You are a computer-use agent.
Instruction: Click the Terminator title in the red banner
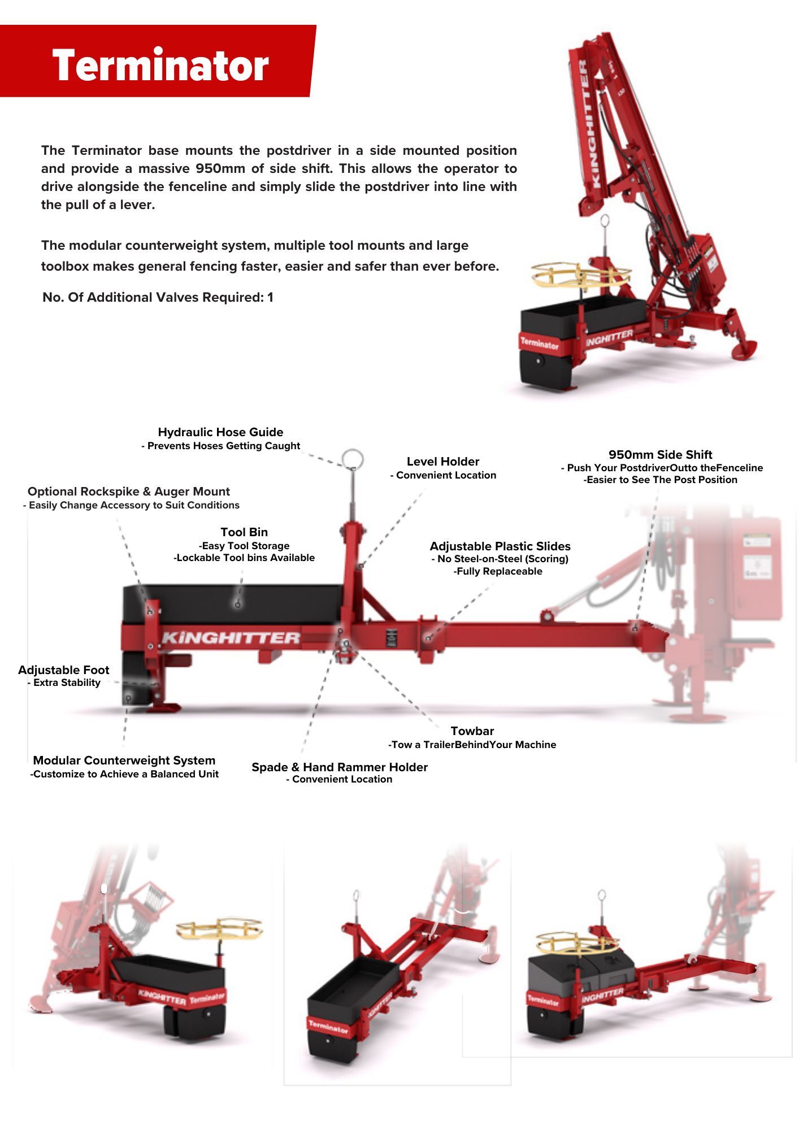tap(160, 65)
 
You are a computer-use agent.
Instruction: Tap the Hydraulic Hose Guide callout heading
tap(220, 432)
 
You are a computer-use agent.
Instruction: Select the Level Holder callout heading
tap(442, 462)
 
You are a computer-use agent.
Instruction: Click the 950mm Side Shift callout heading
tap(660, 455)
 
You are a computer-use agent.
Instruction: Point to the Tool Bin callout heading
tap(244, 532)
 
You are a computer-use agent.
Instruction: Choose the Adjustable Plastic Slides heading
tap(500, 546)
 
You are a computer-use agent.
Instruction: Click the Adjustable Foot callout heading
tap(63, 670)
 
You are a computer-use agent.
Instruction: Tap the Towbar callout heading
tap(472, 731)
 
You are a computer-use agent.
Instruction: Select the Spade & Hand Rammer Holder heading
tap(339, 767)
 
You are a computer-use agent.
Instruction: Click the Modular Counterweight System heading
tap(124, 760)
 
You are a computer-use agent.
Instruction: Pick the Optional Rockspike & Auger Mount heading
tap(128, 492)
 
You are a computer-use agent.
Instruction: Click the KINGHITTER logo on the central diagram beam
tap(231, 638)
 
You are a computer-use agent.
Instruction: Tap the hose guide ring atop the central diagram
tap(352, 459)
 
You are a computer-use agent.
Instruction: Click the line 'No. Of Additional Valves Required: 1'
tap(158, 298)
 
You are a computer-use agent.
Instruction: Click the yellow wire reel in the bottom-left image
tap(220, 928)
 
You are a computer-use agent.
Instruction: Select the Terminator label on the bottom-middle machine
tap(328, 1026)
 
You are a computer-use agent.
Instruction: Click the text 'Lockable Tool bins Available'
tap(244, 558)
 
